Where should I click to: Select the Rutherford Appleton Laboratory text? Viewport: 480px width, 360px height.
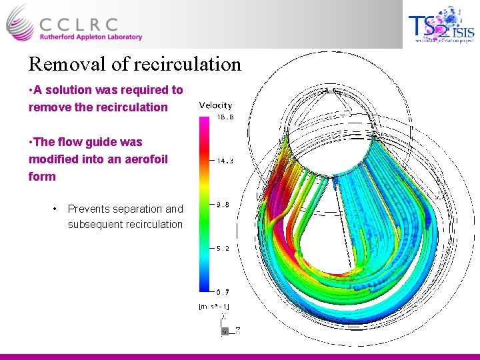point(89,37)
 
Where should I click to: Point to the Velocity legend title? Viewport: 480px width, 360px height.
point(215,105)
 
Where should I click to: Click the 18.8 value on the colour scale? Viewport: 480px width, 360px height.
point(223,117)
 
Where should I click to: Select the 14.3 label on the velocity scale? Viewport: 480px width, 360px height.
point(223,161)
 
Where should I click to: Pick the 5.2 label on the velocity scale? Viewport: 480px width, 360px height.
point(222,248)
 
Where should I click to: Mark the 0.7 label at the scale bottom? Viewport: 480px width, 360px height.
point(222,291)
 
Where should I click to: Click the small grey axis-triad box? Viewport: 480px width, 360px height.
point(225,330)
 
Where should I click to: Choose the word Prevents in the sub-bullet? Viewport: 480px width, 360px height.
point(88,209)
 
